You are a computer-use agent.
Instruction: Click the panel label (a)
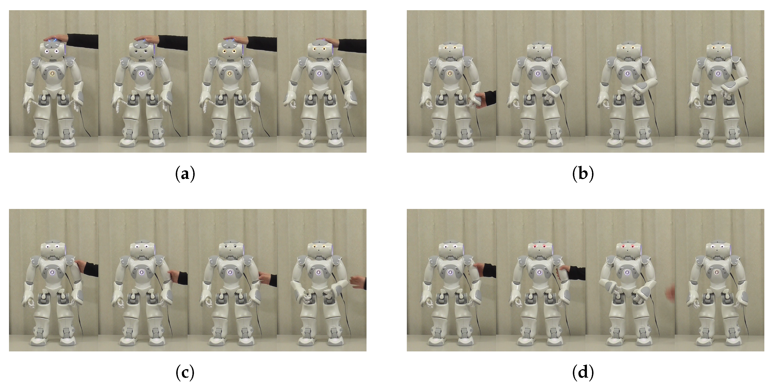185,174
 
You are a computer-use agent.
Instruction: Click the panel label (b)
583,174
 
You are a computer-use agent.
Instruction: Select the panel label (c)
185,373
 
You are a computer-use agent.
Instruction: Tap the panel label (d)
583,373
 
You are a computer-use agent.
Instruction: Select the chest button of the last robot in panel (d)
716,273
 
